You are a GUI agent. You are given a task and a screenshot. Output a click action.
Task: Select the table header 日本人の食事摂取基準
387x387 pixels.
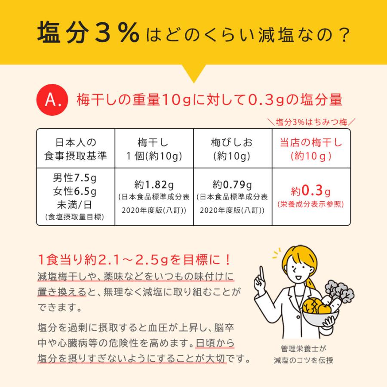[x=76, y=149]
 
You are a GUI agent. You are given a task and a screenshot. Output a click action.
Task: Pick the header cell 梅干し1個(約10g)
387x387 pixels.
[x=154, y=149]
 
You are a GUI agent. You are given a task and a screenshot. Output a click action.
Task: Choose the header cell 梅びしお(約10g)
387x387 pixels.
[x=232, y=149]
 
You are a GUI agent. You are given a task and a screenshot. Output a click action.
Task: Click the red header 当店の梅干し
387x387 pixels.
[x=311, y=142]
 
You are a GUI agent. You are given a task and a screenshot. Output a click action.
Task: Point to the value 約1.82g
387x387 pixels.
[x=154, y=185]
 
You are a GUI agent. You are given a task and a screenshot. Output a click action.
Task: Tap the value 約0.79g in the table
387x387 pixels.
[x=232, y=185]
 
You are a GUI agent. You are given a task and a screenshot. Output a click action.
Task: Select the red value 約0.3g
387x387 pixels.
[x=310, y=190]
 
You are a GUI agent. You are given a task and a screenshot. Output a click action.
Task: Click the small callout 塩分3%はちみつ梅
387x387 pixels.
[x=311, y=122]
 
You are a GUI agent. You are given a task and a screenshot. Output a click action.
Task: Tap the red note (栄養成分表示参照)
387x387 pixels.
[x=311, y=204]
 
